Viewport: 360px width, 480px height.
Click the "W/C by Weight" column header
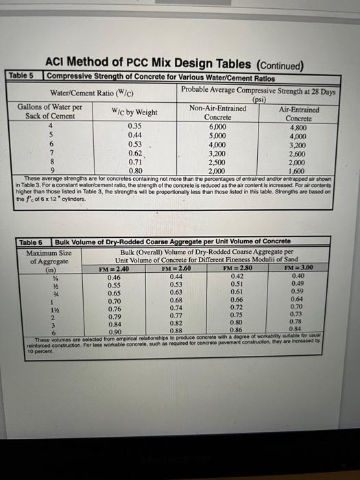click(x=134, y=112)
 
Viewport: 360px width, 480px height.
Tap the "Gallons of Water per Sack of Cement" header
click(x=50, y=112)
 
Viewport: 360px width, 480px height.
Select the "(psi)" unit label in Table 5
click(x=259, y=99)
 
